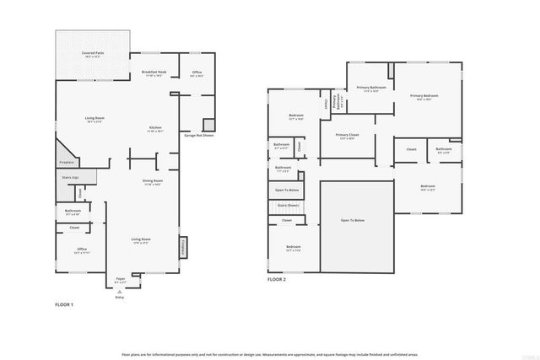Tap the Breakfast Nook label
(154, 73)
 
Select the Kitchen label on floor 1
(155, 128)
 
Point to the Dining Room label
(153, 181)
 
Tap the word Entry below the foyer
(119, 296)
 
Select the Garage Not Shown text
(199, 135)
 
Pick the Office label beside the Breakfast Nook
(197, 73)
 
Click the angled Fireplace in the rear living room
(67, 161)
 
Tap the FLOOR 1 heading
(64, 304)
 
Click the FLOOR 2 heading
(277, 278)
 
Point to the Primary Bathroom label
(371, 88)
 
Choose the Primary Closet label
(347, 135)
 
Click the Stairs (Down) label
(288, 205)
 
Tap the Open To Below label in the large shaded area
(353, 220)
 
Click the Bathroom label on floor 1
(73, 210)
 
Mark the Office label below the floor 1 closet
(81, 250)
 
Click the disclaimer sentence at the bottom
(270, 354)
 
